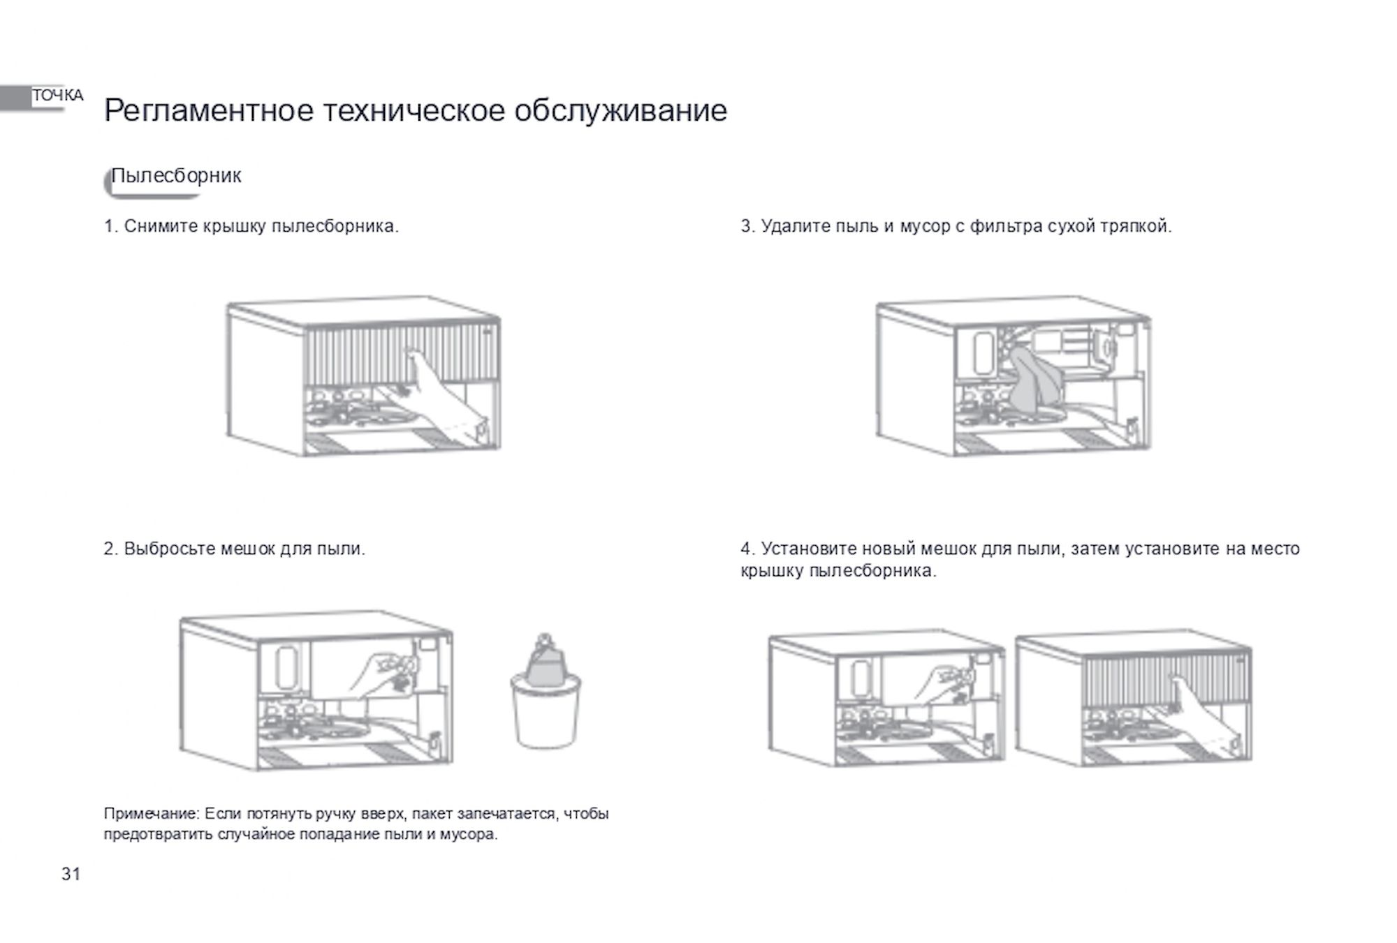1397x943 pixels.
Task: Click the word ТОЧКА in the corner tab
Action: [x=58, y=96]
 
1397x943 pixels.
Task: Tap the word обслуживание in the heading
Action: [x=621, y=110]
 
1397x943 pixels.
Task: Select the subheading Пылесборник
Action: [x=177, y=175]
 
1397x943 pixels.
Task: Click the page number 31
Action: [x=71, y=874]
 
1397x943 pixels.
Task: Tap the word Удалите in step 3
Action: [x=796, y=226]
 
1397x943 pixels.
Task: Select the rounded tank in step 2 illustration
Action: [x=286, y=667]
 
